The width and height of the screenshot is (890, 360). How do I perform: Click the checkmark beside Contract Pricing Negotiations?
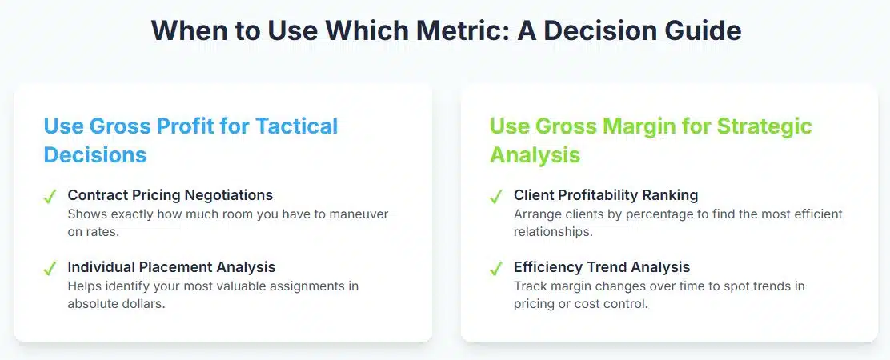(50, 197)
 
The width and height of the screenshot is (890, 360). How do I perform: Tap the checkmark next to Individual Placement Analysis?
(50, 268)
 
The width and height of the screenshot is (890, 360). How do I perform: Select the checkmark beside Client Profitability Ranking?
(496, 197)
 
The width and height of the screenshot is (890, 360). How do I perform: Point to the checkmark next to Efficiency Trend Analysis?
(496, 268)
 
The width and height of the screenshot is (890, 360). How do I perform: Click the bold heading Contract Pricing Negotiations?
(170, 195)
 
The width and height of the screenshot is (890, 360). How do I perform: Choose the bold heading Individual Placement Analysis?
(171, 267)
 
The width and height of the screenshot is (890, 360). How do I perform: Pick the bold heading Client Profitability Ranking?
(606, 195)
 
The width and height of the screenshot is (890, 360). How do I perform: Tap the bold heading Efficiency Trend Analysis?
(602, 267)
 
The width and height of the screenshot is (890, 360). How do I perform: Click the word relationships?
(553, 233)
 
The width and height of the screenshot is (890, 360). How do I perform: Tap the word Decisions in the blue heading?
(95, 154)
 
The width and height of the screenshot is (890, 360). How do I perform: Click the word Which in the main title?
(361, 30)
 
